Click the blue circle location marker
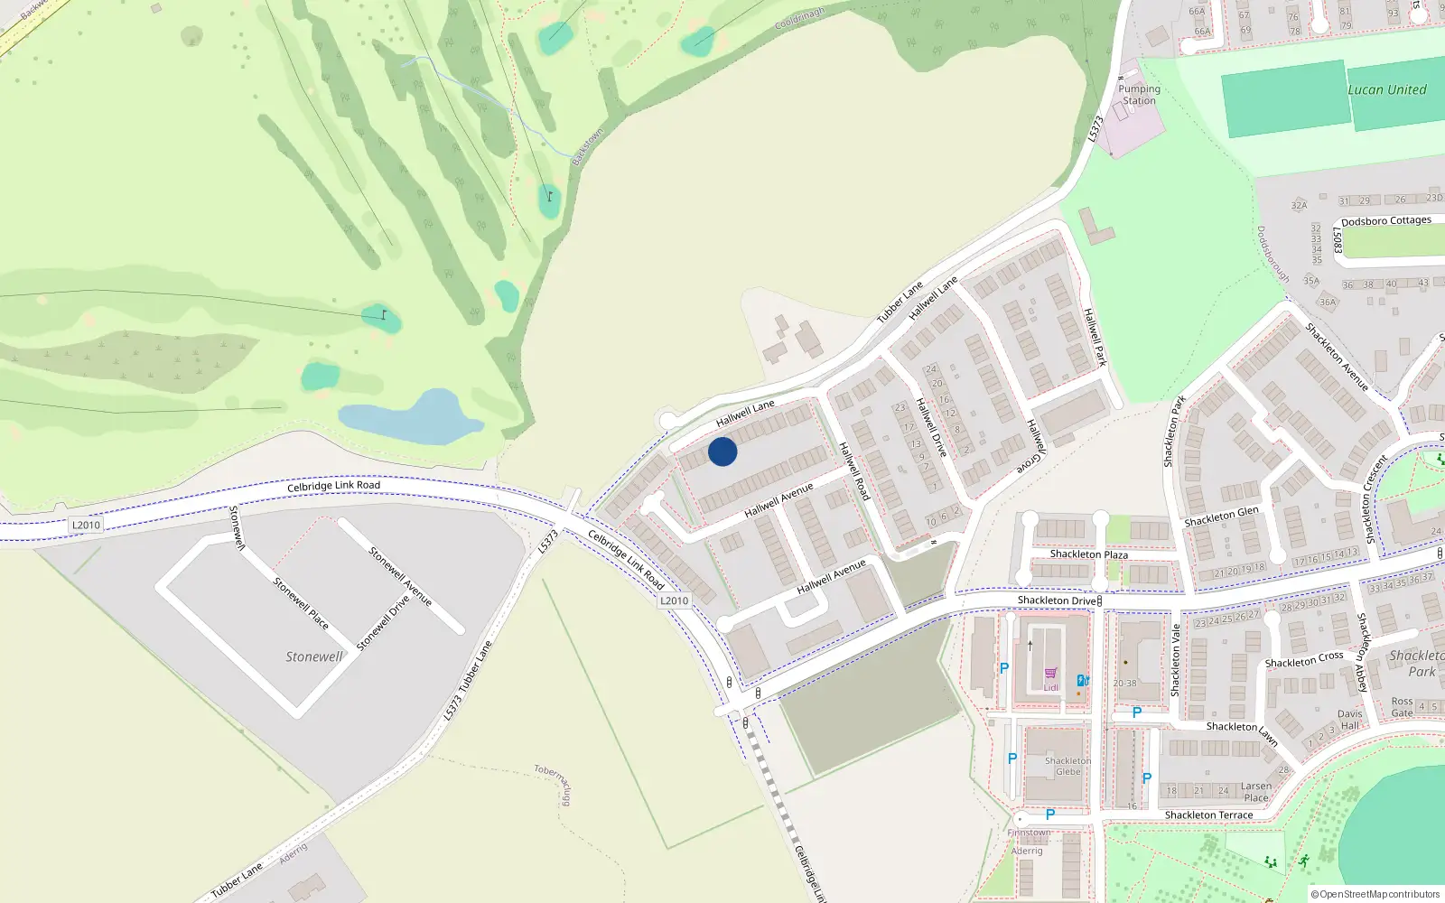(x=722, y=451)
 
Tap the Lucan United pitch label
(x=1386, y=90)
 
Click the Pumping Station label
(x=1139, y=95)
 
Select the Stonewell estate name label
(x=314, y=656)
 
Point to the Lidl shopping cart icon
(x=1050, y=674)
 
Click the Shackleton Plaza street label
(x=1088, y=554)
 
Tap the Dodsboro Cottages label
(x=1385, y=221)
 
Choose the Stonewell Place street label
(x=301, y=603)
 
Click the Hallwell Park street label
(x=1095, y=337)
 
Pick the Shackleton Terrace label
(x=1208, y=815)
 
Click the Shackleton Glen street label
(x=1221, y=517)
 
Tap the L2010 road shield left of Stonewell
(x=86, y=525)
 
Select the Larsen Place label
(x=1255, y=792)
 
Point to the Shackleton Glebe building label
(x=1067, y=767)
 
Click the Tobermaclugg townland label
(x=553, y=784)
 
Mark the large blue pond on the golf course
(x=412, y=417)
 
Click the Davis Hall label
(x=1349, y=720)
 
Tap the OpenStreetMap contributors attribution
(x=1375, y=894)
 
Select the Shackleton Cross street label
(x=1303, y=660)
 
